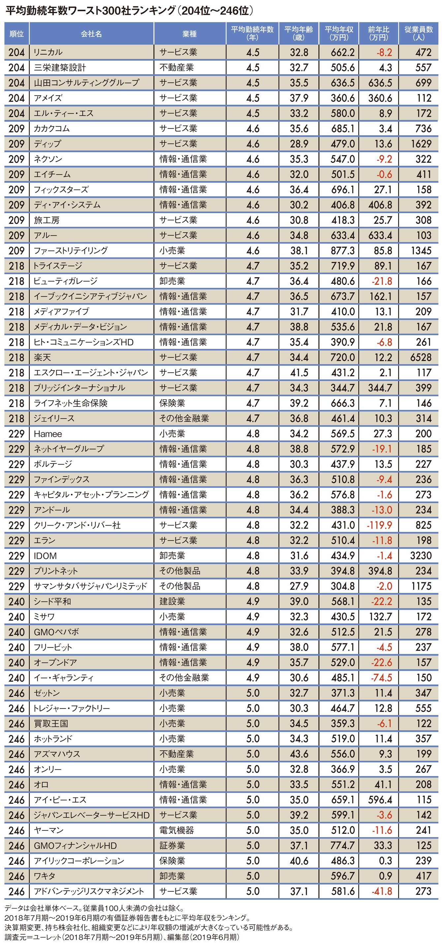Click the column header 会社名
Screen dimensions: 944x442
pyautogui.click(x=91, y=34)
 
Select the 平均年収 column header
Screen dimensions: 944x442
pyautogui.click(x=339, y=33)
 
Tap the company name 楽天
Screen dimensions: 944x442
pyautogui.click(x=43, y=357)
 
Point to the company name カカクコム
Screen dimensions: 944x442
pyautogui.click(x=52, y=129)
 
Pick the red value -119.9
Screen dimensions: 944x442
pyautogui.click(x=379, y=525)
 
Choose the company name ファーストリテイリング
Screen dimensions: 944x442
pyautogui.click(x=71, y=251)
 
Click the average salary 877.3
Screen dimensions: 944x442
pyautogui.click(x=343, y=251)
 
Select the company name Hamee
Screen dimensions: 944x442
pyautogui.click(x=48, y=434)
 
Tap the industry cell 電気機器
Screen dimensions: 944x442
pyautogui.click(x=176, y=830)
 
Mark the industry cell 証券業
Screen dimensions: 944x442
pyautogui.click(x=172, y=846)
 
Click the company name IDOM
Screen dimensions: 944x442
pyautogui.click(x=46, y=556)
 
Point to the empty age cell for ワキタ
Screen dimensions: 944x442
pyautogui.click(x=299, y=876)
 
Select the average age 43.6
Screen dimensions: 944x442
pyautogui.click(x=299, y=754)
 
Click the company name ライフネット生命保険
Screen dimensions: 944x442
pyautogui.click(x=71, y=403)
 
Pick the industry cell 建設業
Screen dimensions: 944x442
pyautogui.click(x=172, y=602)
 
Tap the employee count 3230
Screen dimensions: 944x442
pyautogui.click(x=421, y=556)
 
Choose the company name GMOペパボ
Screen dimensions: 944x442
pyautogui.click(x=56, y=632)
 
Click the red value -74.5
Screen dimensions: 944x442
pyautogui.click(x=382, y=678)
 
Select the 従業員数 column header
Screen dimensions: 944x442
pyautogui.click(x=419, y=33)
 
